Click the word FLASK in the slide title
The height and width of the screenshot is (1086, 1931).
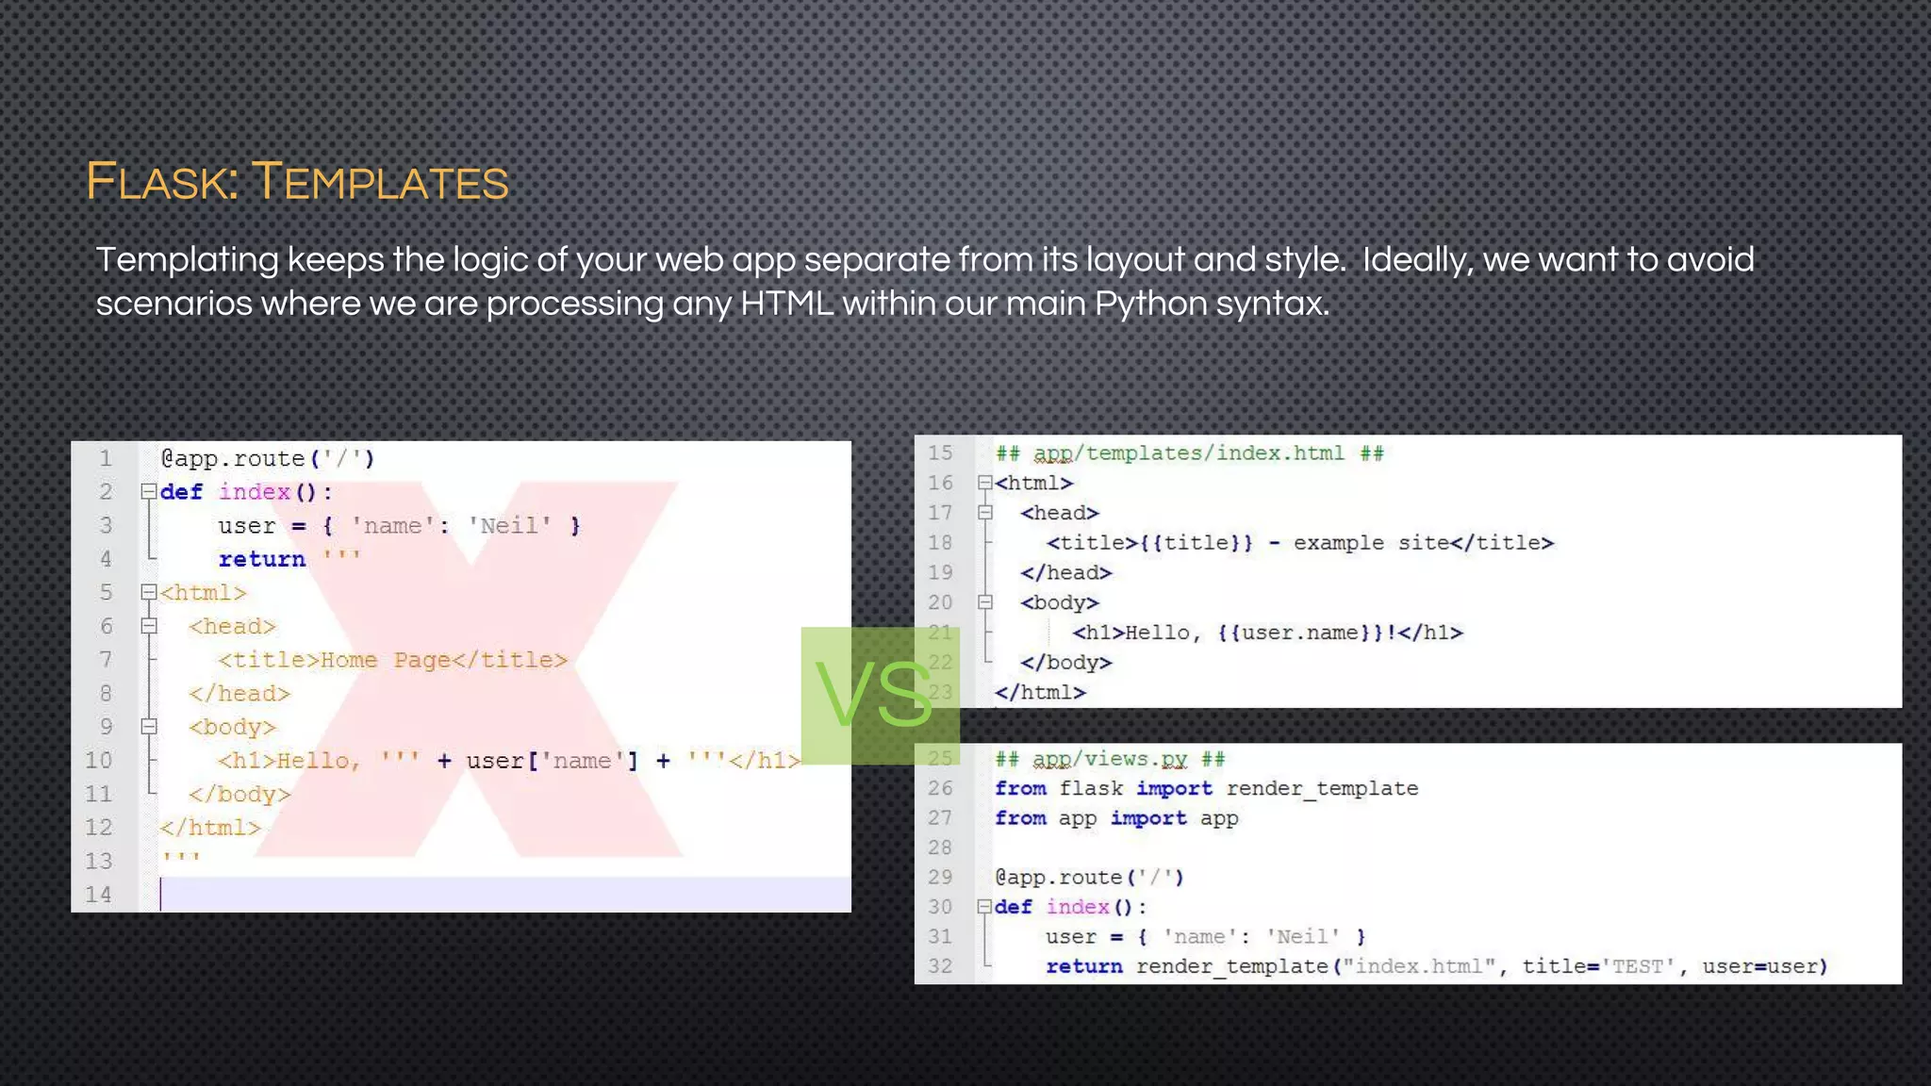click(x=161, y=181)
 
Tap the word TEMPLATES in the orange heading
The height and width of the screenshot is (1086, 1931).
click(x=380, y=181)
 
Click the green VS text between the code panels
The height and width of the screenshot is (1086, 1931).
click(x=874, y=695)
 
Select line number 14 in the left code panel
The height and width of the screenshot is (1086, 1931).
click(x=98, y=895)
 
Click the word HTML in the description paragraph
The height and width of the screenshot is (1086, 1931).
click(x=786, y=304)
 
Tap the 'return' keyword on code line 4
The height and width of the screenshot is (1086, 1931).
click(x=262, y=559)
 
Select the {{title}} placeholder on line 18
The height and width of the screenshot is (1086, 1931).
click(x=1196, y=543)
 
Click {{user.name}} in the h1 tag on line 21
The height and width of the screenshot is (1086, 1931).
click(x=1301, y=633)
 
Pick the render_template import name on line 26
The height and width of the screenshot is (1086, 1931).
click(x=1322, y=788)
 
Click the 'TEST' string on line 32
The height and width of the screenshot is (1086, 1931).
click(x=1638, y=966)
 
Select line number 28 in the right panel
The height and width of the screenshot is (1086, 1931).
click(x=940, y=847)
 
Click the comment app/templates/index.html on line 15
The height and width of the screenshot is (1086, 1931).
click(x=1189, y=453)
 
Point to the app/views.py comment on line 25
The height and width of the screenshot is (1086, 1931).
click(x=1109, y=759)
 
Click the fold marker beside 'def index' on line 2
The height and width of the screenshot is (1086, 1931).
click(x=148, y=491)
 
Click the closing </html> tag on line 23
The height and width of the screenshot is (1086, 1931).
click(x=1040, y=693)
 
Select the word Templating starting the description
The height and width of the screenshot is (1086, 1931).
click(x=187, y=259)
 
